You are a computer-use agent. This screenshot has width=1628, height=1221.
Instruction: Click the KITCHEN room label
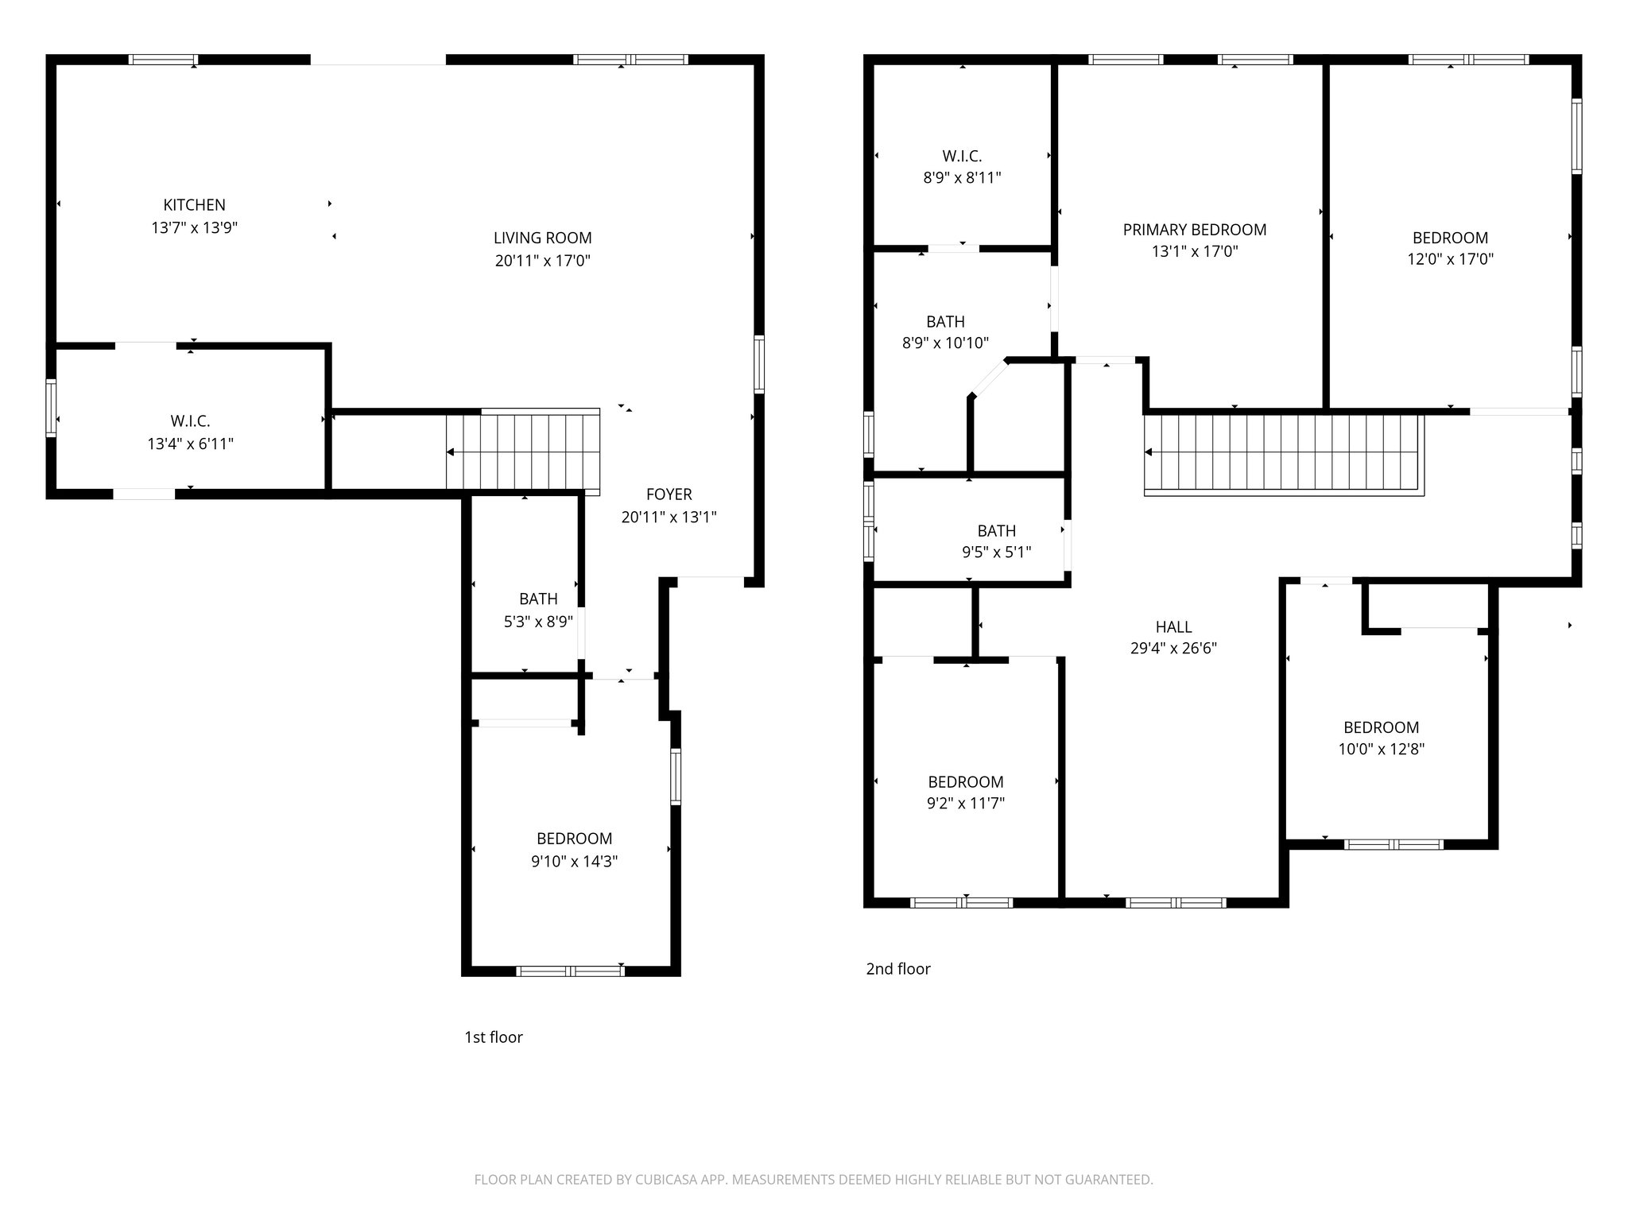(194, 205)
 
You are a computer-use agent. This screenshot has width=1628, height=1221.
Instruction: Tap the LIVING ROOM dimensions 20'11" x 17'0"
(542, 261)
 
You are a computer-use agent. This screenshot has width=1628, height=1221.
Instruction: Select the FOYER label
(669, 494)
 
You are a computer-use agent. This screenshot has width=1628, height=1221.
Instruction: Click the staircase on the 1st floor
(523, 452)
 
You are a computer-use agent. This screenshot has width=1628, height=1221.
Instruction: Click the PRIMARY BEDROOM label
(1194, 230)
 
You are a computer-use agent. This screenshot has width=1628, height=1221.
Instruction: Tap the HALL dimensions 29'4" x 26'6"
(1173, 649)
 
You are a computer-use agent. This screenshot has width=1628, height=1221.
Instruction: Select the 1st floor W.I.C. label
(190, 421)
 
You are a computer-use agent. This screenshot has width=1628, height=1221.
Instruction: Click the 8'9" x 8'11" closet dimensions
(962, 178)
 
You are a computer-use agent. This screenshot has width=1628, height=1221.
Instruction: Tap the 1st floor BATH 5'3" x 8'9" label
(538, 599)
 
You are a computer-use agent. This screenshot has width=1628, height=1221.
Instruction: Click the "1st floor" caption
(493, 1037)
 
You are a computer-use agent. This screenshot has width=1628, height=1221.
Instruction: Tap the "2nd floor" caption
(897, 969)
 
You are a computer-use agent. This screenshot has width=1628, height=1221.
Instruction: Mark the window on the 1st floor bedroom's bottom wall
(570, 971)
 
